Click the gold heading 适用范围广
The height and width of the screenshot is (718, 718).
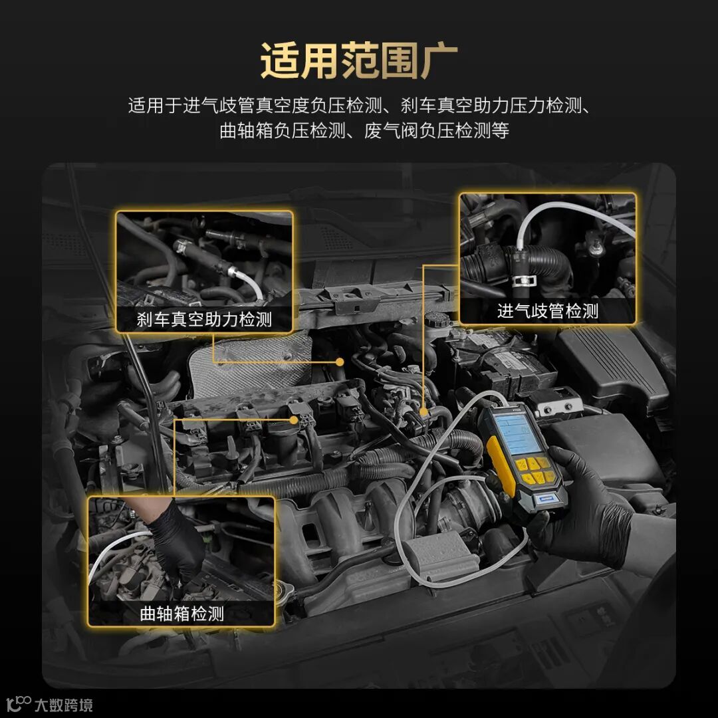pos(359,61)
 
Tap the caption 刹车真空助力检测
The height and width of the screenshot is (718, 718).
pos(204,319)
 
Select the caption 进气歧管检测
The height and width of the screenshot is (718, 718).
pos(548,311)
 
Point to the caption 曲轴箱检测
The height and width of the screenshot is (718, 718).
pos(181,614)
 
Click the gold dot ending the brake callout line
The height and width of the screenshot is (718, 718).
pos(340,362)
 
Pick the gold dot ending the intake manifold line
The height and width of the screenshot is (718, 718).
pos(424,412)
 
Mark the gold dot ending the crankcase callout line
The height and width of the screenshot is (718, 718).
pos(294,419)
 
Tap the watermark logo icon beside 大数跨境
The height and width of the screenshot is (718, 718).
pos(19,704)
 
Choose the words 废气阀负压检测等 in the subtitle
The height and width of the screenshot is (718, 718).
pos(436,131)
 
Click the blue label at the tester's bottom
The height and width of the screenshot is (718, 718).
pos(545,501)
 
